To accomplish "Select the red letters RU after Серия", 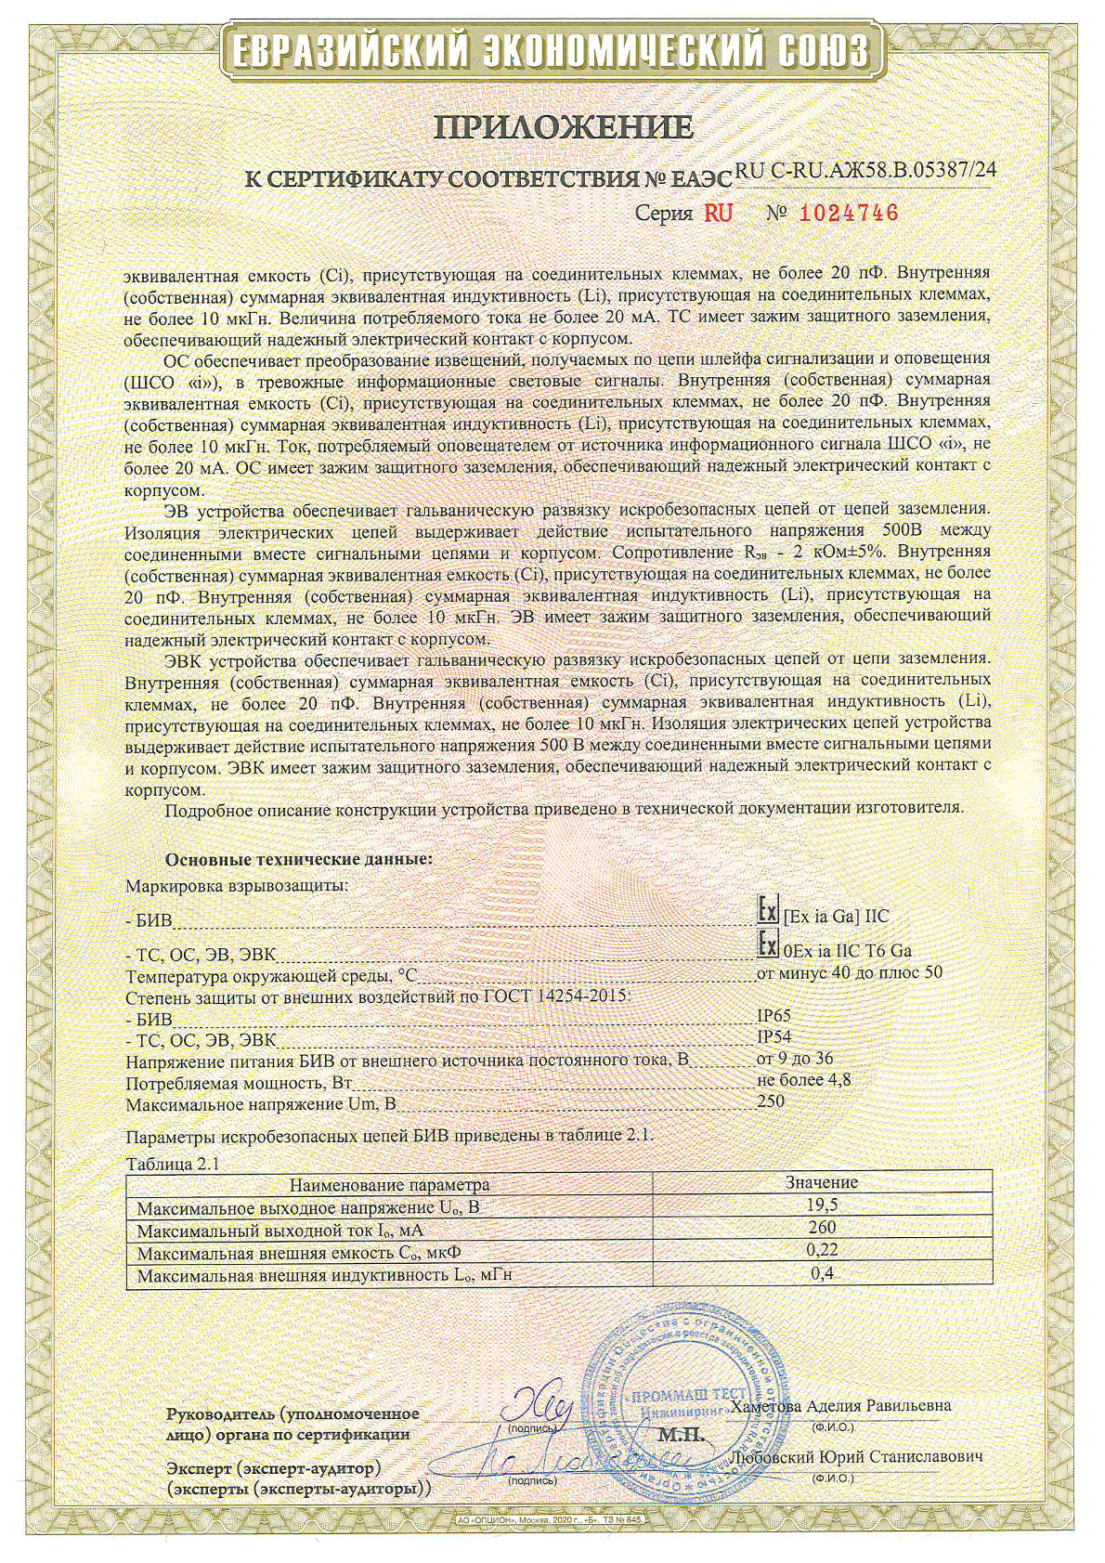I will pyautogui.click(x=718, y=214).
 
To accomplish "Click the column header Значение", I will pyautogui.click(x=821, y=1183).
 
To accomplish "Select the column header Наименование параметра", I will pyautogui.click(x=389, y=1184).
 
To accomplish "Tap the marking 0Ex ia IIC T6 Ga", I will pyautogui.click(x=847, y=951).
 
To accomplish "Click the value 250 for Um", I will pyautogui.click(x=771, y=1101).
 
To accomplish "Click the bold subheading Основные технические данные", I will pyautogui.click(x=298, y=859).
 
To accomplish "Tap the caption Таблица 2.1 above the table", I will pyautogui.click(x=170, y=1164).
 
